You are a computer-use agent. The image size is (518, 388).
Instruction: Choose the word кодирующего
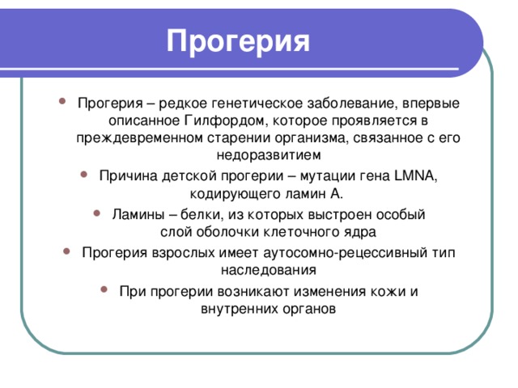tap(227, 194)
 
